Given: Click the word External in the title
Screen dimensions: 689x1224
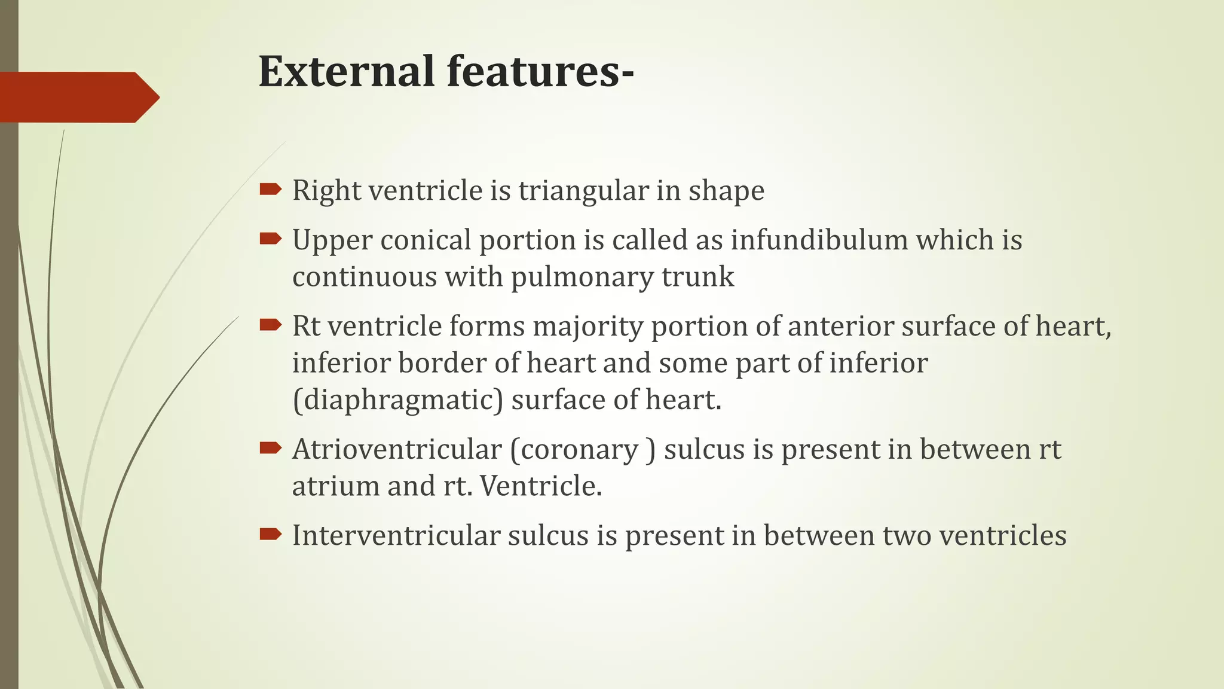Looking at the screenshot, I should pos(347,72).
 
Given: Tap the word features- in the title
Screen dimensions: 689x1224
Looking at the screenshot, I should pos(540,72).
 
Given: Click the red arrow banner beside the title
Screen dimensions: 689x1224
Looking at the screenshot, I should pos(78,97).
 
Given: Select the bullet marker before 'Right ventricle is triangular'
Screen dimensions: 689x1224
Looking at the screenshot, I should pos(270,190).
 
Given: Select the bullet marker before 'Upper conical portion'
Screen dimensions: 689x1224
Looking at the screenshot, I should pos(270,239).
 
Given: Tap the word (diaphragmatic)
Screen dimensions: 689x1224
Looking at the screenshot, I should pos(397,400).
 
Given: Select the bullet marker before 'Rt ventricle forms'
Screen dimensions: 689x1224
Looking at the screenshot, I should pos(270,325).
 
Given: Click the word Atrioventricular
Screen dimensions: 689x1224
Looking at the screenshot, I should pos(397,449).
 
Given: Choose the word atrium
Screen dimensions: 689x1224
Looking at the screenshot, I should pos(335,486).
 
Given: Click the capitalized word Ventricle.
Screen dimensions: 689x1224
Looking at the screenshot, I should pos(540,486).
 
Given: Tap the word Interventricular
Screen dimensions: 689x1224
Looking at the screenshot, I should pos(396,535).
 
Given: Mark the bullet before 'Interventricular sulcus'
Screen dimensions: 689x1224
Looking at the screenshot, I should pos(270,534).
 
